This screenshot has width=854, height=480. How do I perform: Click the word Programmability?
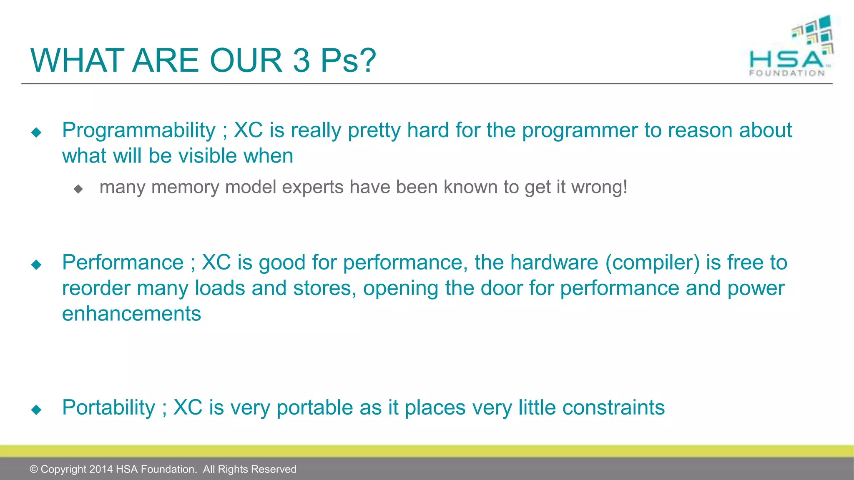click(x=138, y=130)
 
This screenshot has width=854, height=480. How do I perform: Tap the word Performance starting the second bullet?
click(x=123, y=262)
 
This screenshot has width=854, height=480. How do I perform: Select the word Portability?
click(x=108, y=407)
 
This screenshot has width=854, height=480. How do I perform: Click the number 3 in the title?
click(x=301, y=60)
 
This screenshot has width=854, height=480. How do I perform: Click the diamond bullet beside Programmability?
click(x=36, y=132)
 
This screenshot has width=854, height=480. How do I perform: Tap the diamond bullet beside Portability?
click(x=36, y=410)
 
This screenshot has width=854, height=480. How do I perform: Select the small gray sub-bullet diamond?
click(x=78, y=189)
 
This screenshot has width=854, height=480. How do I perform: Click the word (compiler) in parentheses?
click(x=653, y=262)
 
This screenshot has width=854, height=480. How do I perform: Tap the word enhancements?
click(x=131, y=314)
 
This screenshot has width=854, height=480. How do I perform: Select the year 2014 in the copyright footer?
click(x=101, y=469)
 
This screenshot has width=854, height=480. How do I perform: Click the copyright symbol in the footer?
click(x=34, y=469)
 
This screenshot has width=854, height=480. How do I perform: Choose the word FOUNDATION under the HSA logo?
click(x=787, y=73)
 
